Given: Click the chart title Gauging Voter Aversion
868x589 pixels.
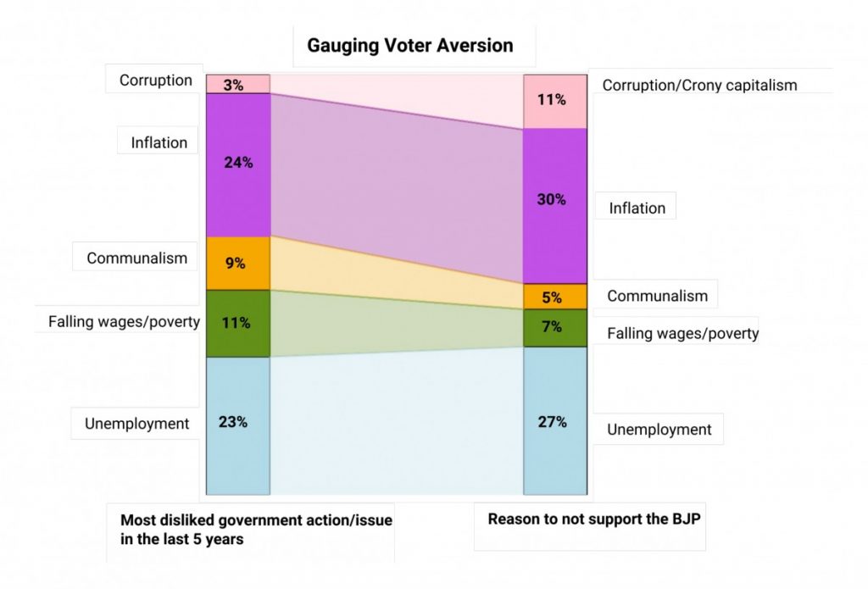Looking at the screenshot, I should (x=410, y=46).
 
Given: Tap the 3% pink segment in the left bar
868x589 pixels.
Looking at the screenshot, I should (x=238, y=84).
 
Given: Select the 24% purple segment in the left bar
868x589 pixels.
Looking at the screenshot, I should (x=238, y=164).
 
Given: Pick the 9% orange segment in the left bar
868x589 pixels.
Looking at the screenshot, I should (x=238, y=263).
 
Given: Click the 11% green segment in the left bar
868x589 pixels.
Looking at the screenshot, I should (x=238, y=323).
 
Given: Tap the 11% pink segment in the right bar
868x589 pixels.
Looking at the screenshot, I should (x=555, y=101).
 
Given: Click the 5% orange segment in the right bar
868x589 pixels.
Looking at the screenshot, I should (x=555, y=297).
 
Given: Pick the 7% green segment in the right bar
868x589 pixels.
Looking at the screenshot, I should (x=555, y=328).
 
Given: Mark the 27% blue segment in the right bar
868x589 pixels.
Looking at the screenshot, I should (x=555, y=420).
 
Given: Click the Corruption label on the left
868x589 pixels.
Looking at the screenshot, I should (x=156, y=81).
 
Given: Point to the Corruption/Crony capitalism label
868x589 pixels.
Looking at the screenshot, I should (x=699, y=85).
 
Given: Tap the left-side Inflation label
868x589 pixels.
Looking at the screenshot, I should (x=159, y=142).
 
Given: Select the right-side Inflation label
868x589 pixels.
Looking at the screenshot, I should (x=637, y=208).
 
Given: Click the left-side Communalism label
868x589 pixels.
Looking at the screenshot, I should (x=137, y=258).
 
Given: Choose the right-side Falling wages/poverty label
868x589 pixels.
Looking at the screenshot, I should (x=682, y=334).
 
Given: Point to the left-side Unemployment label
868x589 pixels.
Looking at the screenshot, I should (x=137, y=424).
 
